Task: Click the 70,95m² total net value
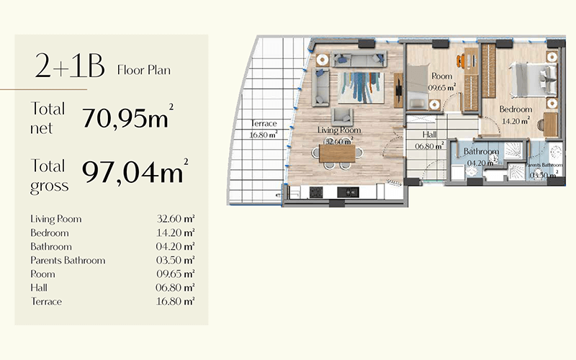click(127, 117)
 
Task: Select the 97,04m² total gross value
click(135, 171)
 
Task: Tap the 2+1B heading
click(70, 66)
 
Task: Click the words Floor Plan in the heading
click(143, 70)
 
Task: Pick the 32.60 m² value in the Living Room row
click(175, 219)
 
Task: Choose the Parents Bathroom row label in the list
click(68, 260)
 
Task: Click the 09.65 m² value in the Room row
click(175, 274)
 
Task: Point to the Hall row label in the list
click(39, 287)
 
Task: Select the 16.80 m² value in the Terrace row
click(175, 301)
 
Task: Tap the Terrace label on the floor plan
click(264, 123)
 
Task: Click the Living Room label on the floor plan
click(339, 130)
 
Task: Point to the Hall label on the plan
click(429, 135)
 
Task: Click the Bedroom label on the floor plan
click(516, 109)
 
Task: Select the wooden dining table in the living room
click(337, 153)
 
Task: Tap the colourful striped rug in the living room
click(361, 88)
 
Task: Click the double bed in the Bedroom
click(533, 80)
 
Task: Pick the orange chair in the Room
click(460, 61)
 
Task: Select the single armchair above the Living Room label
click(342, 117)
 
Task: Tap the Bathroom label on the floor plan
click(481, 151)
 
